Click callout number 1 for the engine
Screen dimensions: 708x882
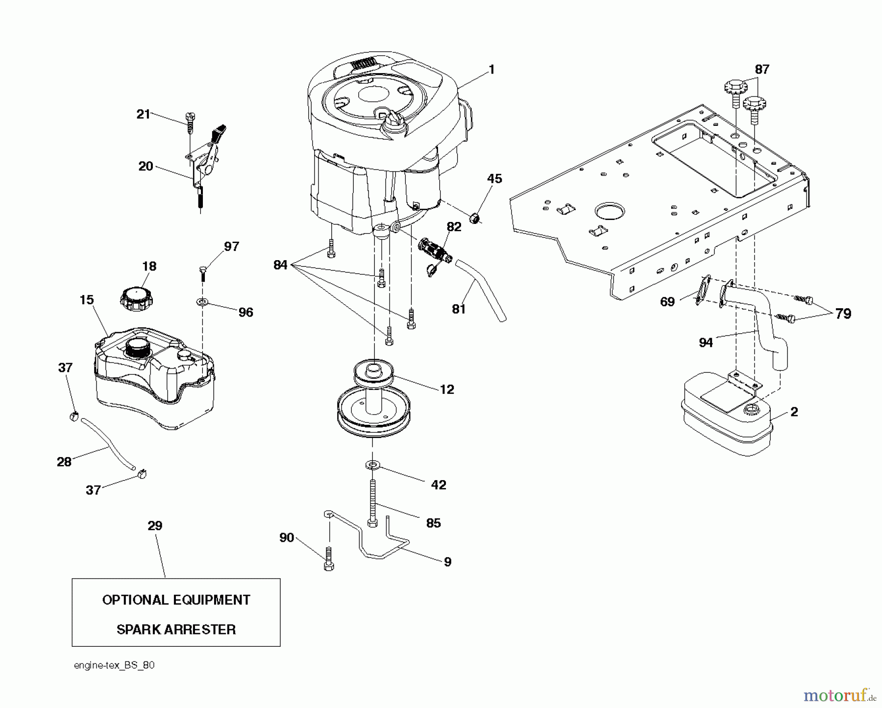click(x=492, y=70)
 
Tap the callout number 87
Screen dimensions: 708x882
click(x=762, y=70)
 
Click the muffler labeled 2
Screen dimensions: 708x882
click(x=725, y=416)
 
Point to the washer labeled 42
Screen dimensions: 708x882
click(x=372, y=464)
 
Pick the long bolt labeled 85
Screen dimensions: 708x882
click(x=373, y=502)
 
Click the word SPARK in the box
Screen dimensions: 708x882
click(x=139, y=630)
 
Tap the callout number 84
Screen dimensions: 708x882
click(x=280, y=265)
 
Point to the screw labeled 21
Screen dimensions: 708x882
click(x=191, y=121)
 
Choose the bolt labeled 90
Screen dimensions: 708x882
click(x=329, y=559)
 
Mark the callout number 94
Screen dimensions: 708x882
click(x=706, y=342)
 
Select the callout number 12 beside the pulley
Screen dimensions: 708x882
click(x=447, y=390)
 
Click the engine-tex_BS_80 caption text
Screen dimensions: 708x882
click(x=114, y=665)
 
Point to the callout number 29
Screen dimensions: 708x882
click(x=155, y=526)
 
